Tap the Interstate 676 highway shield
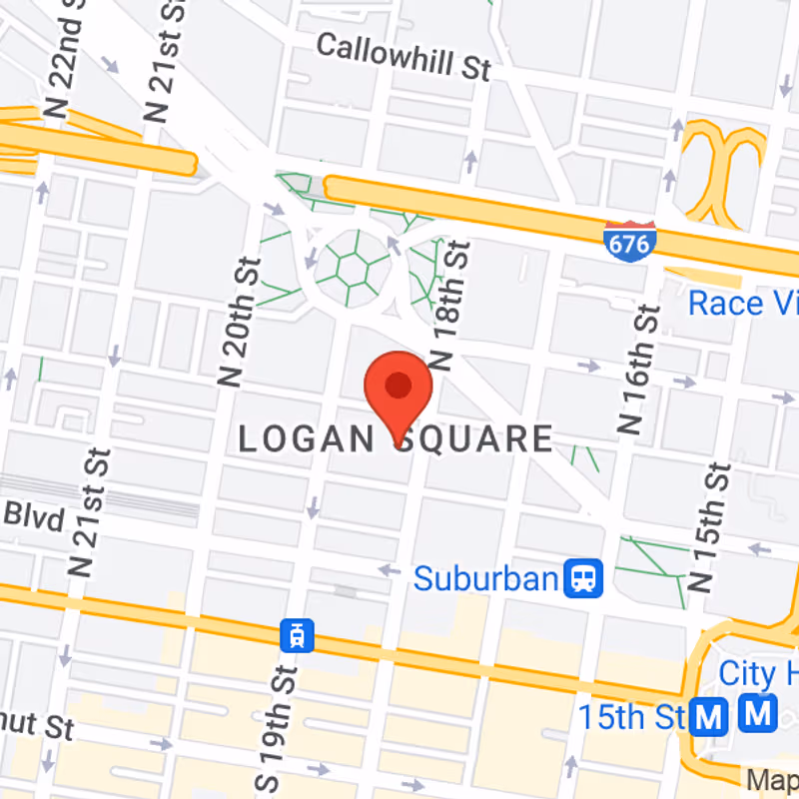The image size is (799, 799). (x=630, y=241)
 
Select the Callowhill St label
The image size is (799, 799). (x=403, y=57)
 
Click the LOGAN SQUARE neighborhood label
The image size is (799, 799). (x=396, y=439)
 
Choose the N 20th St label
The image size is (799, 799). (x=240, y=321)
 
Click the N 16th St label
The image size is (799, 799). (x=642, y=370)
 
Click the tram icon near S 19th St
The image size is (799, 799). (x=297, y=635)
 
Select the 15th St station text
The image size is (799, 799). (x=632, y=716)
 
